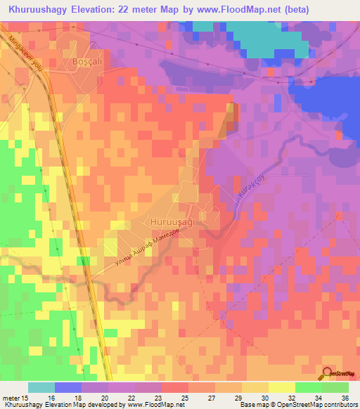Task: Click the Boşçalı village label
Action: tap(88, 62)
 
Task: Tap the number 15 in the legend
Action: tap(26, 398)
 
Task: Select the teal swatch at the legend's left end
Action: tap(41, 387)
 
